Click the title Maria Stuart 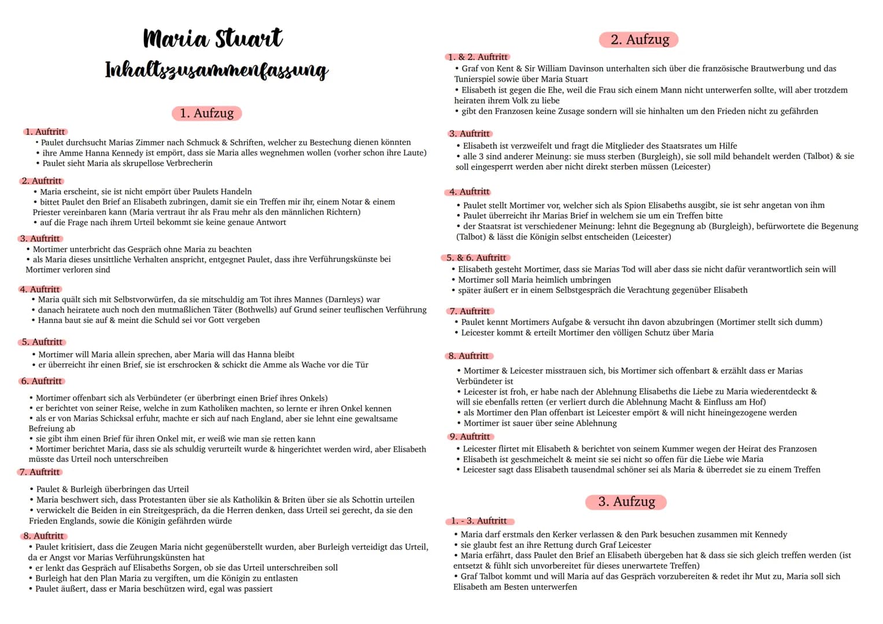(x=213, y=39)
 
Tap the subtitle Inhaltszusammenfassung (x=217, y=70)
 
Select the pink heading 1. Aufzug (x=206, y=113)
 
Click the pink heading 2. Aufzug (x=639, y=39)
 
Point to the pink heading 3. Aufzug (x=626, y=502)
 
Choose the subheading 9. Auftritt (x=470, y=437)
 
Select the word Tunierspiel (x=476, y=79)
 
